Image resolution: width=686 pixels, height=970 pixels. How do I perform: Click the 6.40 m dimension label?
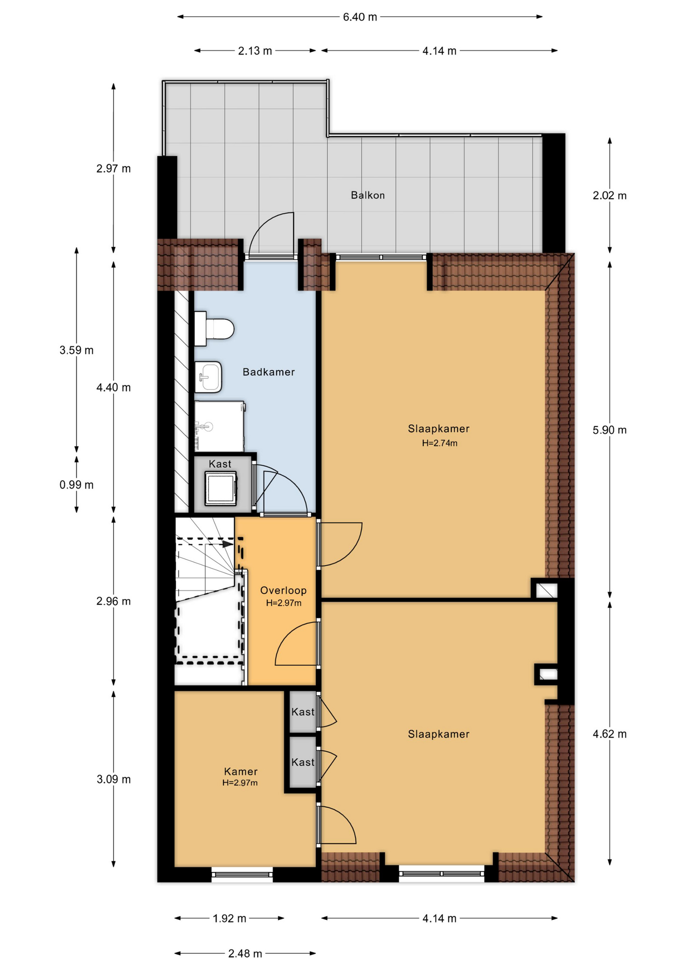tap(360, 17)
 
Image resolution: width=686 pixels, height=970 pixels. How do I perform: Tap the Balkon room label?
tap(368, 195)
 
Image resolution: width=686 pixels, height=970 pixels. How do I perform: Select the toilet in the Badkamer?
tap(214, 329)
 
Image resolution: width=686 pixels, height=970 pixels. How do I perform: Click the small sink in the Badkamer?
tap(208, 377)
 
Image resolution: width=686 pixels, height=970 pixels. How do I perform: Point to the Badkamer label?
tap(269, 372)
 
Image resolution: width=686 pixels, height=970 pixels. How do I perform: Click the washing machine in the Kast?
tap(221, 488)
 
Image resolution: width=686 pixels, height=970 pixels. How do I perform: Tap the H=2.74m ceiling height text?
tap(440, 444)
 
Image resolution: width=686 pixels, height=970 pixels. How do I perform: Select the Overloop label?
tap(283, 590)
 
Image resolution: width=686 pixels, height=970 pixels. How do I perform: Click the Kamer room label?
tap(241, 771)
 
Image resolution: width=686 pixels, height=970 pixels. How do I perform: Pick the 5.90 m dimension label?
tap(610, 430)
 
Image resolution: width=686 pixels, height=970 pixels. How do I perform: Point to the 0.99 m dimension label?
tap(76, 485)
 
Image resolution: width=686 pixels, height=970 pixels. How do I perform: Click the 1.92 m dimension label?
tap(229, 918)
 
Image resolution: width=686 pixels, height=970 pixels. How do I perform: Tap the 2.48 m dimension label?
tap(245, 954)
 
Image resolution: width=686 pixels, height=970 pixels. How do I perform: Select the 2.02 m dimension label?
tap(610, 196)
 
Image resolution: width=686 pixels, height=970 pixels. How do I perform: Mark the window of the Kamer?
tap(242, 874)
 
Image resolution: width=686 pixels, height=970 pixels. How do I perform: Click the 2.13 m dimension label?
tap(255, 51)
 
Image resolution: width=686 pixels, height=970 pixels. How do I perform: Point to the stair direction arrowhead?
tap(228, 544)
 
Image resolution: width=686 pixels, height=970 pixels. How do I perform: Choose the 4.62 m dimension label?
tap(610, 734)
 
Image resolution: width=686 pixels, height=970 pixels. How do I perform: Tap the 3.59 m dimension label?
tap(76, 350)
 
